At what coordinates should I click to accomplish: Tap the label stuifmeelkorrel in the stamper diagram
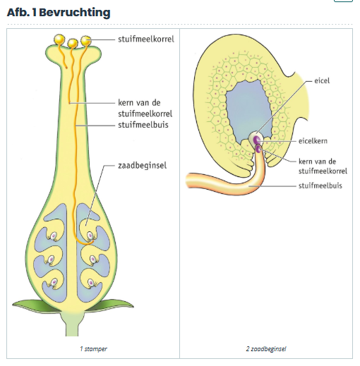(146, 39)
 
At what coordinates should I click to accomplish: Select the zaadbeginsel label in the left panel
(142, 166)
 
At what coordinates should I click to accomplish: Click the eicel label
(322, 80)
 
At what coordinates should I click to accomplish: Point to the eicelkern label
(313, 141)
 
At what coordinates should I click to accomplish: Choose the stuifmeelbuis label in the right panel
(320, 185)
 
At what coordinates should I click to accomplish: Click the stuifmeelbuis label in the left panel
(143, 125)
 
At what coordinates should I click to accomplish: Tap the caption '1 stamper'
(93, 348)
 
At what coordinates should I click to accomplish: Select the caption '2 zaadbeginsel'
(266, 348)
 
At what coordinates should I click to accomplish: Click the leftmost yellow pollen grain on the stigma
(59, 39)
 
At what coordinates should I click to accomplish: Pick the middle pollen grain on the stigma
(73, 43)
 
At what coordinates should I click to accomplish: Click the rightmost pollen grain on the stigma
(86, 41)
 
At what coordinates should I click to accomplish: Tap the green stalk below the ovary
(72, 324)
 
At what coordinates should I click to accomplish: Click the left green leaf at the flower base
(35, 306)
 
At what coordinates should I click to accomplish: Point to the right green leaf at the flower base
(111, 305)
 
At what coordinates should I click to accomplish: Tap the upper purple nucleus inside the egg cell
(257, 140)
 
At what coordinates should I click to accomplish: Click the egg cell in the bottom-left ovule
(54, 282)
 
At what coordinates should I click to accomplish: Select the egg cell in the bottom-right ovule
(91, 283)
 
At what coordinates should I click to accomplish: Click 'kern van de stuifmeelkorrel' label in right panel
(323, 166)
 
